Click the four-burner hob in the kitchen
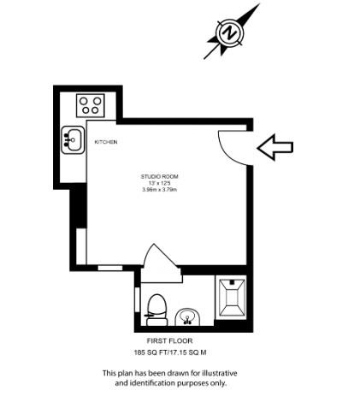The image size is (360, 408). pyautogui.click(x=91, y=105)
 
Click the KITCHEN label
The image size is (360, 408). pyautogui.click(x=106, y=142)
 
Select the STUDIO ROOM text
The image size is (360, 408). pyautogui.click(x=160, y=176)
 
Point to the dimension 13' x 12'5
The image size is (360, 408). pyautogui.click(x=160, y=183)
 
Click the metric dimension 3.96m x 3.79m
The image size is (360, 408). pyautogui.click(x=160, y=190)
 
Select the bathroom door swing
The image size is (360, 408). pyautogui.click(x=160, y=261)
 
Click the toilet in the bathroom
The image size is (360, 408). pyautogui.click(x=156, y=305)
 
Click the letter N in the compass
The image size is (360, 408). pyautogui.click(x=230, y=33)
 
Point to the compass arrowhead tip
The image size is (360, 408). pyautogui.click(x=256, y=8)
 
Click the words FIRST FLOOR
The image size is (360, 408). pyautogui.click(x=158, y=340)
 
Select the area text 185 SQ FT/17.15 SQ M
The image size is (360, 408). pyautogui.click(x=170, y=352)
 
